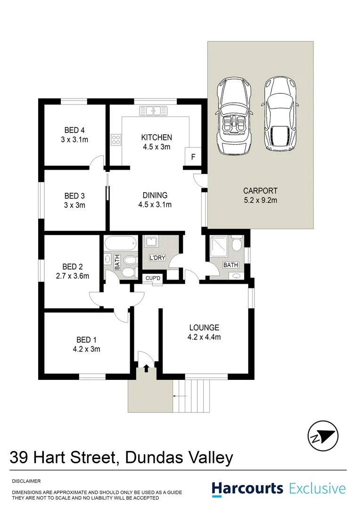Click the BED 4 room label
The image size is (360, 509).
coord(74,131)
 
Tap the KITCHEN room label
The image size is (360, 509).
coord(156,138)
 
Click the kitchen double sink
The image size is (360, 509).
coord(154,111)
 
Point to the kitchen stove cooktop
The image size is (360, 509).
coord(116,140)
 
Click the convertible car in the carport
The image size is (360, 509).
coord(234,116)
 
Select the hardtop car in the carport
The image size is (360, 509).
coord(281,115)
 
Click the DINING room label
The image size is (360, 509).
coord(155,195)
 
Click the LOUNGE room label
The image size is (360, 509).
coord(204,328)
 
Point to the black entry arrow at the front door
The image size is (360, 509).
coord(146,368)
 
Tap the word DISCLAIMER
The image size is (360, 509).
coord(26,481)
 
